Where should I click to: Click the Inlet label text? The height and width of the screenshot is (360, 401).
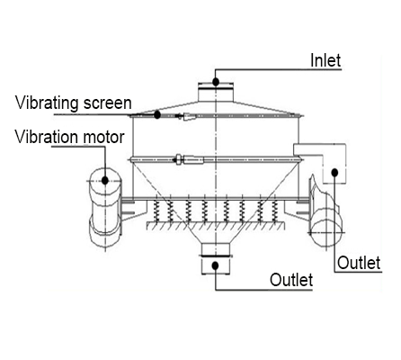(x=325, y=60)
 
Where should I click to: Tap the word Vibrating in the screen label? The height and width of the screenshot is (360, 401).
(x=47, y=103)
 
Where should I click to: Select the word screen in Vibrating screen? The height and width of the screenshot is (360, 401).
(x=108, y=103)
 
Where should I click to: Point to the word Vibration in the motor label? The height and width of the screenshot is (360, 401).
(x=47, y=137)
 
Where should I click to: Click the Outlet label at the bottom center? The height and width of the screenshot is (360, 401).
(x=291, y=280)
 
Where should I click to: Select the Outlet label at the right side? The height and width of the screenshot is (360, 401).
(x=359, y=263)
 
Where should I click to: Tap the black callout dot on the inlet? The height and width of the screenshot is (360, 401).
(x=216, y=82)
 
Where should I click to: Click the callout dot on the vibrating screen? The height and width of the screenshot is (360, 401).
(x=157, y=114)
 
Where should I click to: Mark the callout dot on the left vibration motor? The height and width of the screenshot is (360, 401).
(x=105, y=180)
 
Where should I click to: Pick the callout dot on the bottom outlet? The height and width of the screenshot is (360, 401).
(x=215, y=265)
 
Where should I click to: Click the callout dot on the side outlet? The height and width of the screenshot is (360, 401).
(x=334, y=173)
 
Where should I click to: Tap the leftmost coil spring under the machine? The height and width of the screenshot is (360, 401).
(x=156, y=211)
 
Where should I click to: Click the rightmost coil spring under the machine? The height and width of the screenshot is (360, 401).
(x=274, y=211)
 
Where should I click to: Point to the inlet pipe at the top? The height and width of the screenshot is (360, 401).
(x=216, y=92)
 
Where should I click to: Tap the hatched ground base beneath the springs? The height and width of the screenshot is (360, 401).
(x=215, y=226)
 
